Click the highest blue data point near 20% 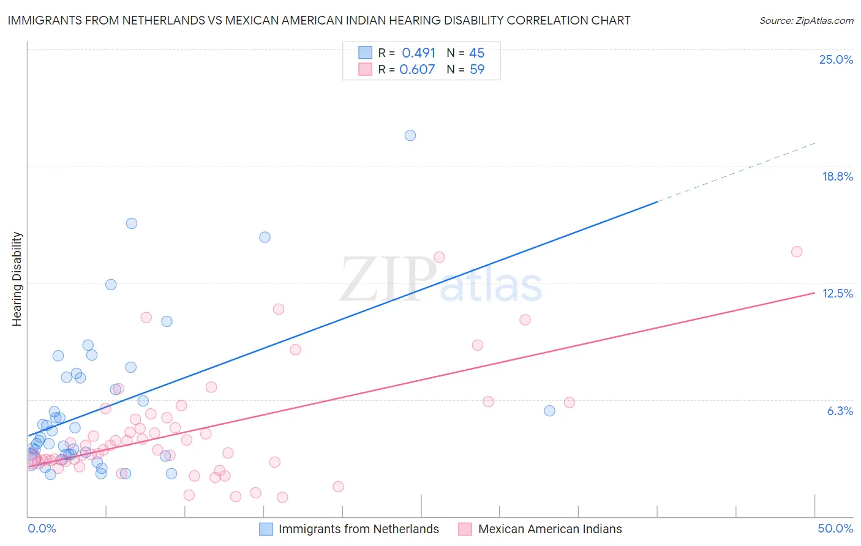pyautogui.click(x=410, y=135)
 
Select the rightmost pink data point pyautogui.click(x=797, y=252)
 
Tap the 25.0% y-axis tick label pyautogui.click(x=836, y=59)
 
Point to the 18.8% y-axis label pyautogui.click(x=837, y=176)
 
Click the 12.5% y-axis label pyautogui.click(x=837, y=293)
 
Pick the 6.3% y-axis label pyautogui.click(x=840, y=411)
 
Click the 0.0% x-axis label pyautogui.click(x=42, y=528)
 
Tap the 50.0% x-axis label pyautogui.click(x=835, y=528)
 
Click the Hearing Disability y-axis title pyautogui.click(x=17, y=279)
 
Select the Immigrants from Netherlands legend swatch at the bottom pyautogui.click(x=266, y=529)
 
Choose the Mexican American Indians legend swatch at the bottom pyautogui.click(x=465, y=529)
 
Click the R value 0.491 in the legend pyautogui.click(x=418, y=53)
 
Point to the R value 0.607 pyautogui.click(x=417, y=70)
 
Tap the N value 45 pyautogui.click(x=476, y=53)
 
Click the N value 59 pyautogui.click(x=476, y=70)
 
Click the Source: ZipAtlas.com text pyautogui.click(x=806, y=21)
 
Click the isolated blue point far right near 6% pyautogui.click(x=549, y=411)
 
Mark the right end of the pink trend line pyautogui.click(x=814, y=293)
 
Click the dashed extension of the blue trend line pyautogui.click(x=735, y=172)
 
